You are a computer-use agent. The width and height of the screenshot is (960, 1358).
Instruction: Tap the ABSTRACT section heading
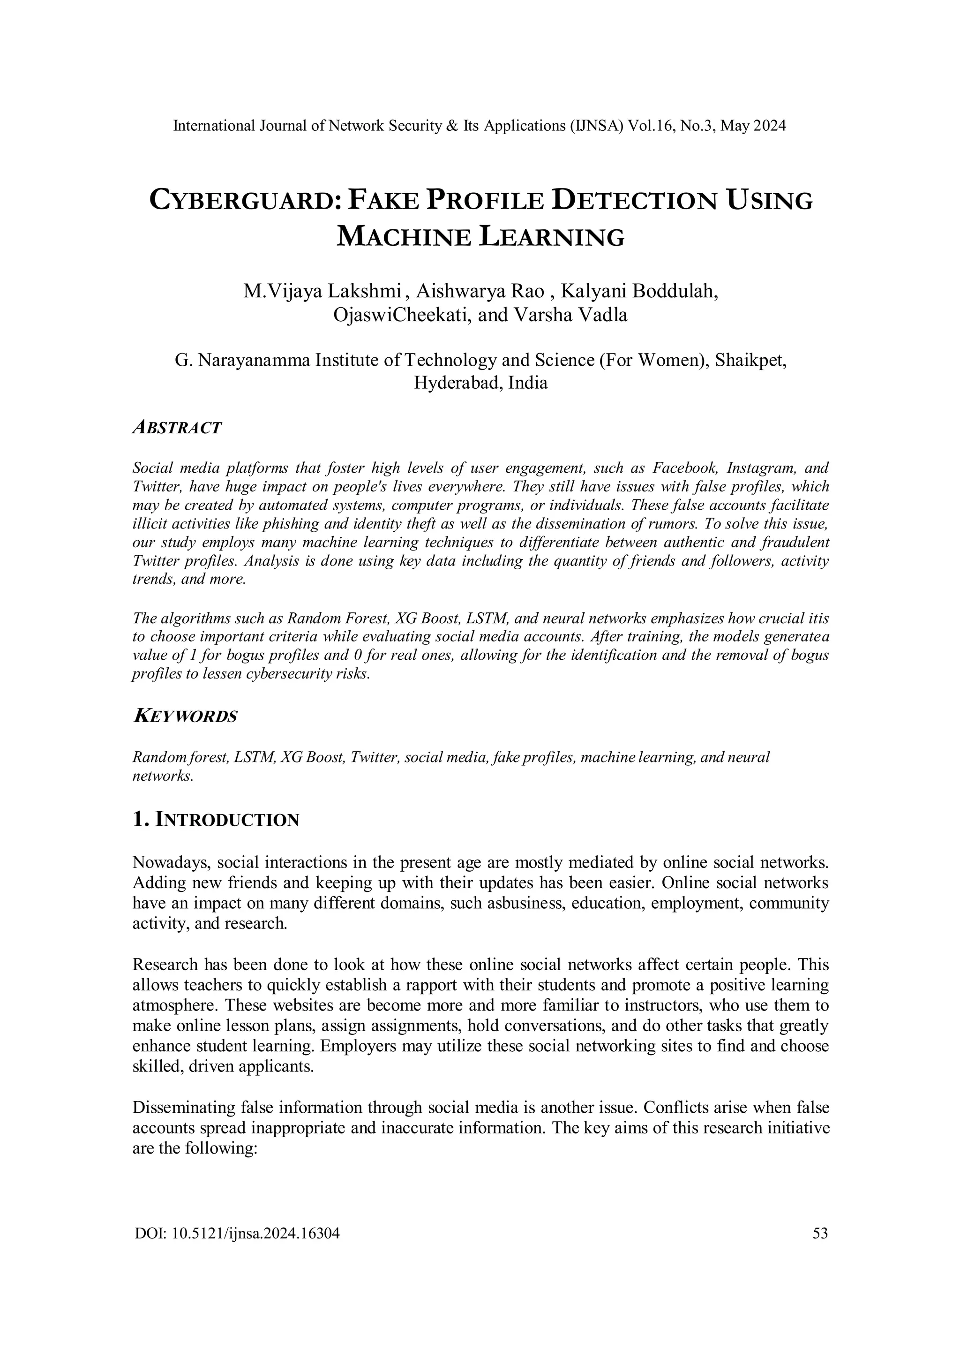(177, 427)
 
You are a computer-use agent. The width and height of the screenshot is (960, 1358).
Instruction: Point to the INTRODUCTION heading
(226, 820)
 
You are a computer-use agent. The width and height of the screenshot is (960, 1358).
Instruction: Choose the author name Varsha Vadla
(570, 315)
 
